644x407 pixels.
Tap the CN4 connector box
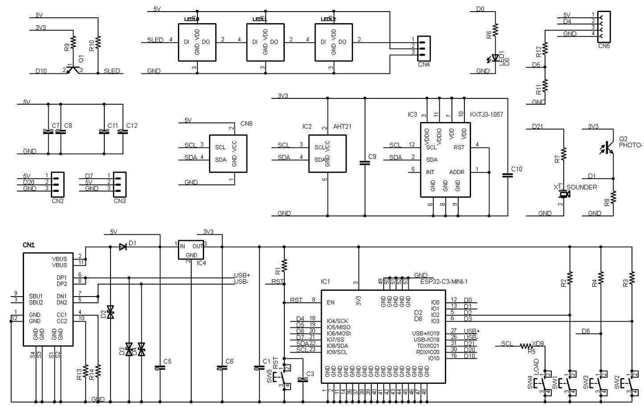coord(423,48)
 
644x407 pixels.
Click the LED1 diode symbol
coord(495,58)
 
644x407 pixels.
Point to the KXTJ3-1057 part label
coord(486,114)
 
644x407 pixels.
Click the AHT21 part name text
coord(342,126)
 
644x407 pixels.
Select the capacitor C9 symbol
coord(365,163)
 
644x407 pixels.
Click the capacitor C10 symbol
coord(507,175)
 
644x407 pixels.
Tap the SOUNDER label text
coord(581,187)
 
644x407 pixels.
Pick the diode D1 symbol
coord(123,247)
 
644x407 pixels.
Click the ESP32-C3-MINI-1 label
coord(444,281)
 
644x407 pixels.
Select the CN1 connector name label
coord(29,245)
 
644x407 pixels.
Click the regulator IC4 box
coord(191,250)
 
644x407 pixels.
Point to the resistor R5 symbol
coord(526,346)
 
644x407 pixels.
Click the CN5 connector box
coord(604,27)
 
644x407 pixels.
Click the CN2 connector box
coord(57,184)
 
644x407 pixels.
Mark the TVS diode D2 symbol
coord(111,312)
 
